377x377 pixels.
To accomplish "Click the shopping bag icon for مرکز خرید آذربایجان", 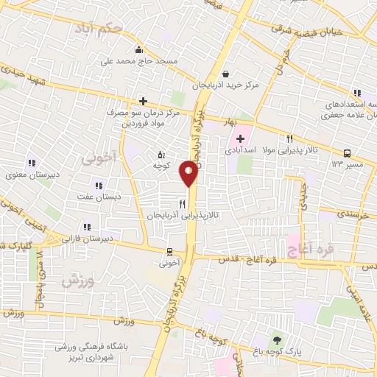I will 224,74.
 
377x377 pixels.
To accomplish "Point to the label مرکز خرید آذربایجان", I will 226,86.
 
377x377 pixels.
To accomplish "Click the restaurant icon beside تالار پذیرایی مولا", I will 290,138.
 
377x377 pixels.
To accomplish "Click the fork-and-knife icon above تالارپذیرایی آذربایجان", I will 181,203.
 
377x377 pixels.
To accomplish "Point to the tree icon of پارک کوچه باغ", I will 277,339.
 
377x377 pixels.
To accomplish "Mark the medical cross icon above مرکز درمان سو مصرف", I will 143,102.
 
